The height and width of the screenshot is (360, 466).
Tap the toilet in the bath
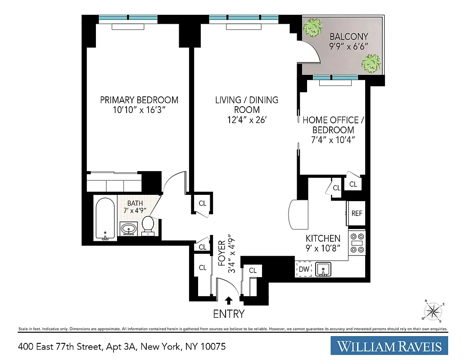[x=148, y=225]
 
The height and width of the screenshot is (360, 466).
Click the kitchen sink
[x=323, y=270]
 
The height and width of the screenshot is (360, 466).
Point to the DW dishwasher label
[x=304, y=270]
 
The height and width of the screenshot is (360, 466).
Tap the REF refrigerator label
[x=357, y=213]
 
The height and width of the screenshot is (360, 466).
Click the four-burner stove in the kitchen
[x=358, y=243]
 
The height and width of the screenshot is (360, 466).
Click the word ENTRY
[x=229, y=314]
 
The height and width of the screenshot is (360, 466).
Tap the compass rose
[x=434, y=310]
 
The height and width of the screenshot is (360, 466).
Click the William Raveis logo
[x=392, y=346]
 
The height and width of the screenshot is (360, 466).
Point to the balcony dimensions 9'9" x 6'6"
[x=349, y=46]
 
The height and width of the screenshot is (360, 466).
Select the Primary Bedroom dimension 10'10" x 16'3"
[x=139, y=110]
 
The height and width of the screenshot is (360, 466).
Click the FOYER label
[x=222, y=253]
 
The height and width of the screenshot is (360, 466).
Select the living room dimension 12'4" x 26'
[x=247, y=119]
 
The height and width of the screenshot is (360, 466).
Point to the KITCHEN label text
[x=323, y=238]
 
